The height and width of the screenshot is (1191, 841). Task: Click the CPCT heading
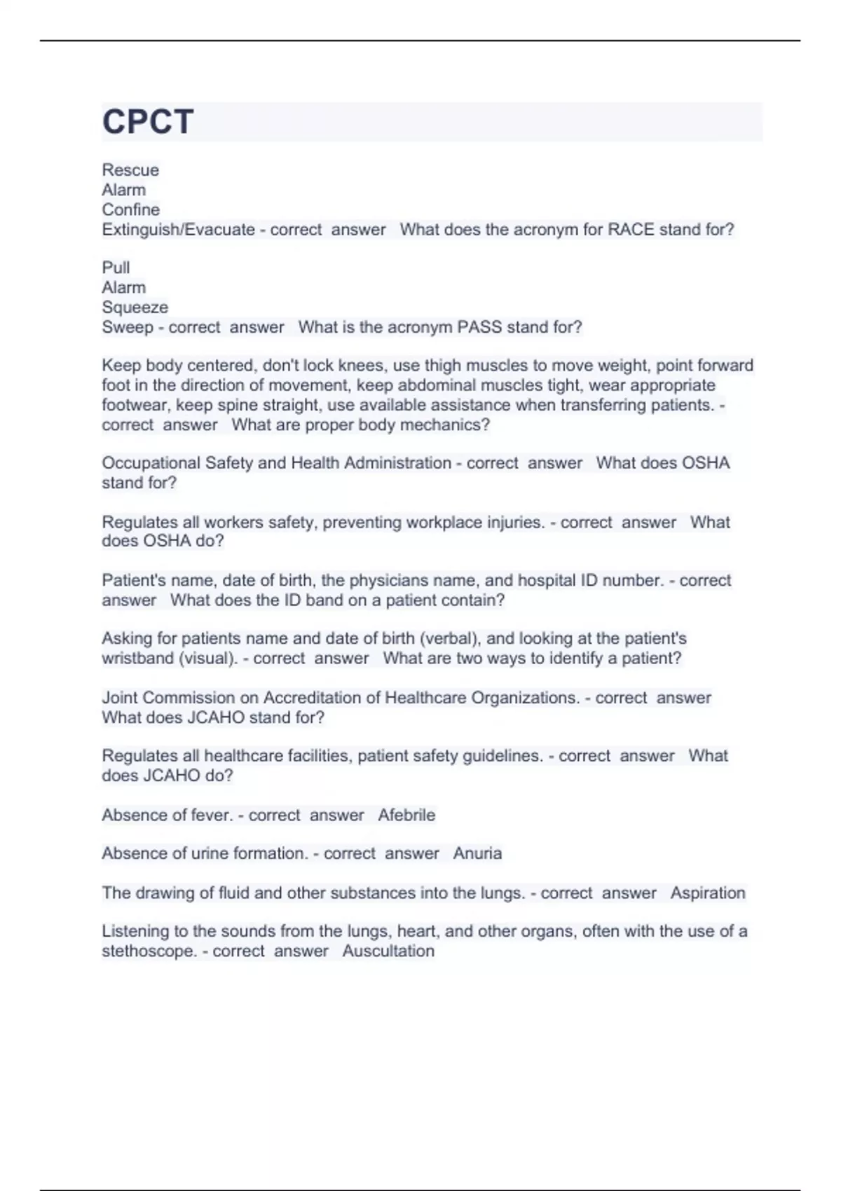(148, 122)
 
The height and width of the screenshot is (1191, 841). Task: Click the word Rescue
(130, 170)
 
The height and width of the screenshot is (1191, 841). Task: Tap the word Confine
(130, 209)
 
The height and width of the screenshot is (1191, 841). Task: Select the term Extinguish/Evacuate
(178, 230)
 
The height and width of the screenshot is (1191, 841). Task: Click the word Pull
(116, 268)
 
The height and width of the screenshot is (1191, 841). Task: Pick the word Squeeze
(135, 308)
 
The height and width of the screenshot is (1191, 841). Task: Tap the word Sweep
(127, 327)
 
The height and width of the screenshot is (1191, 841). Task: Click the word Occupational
(151, 463)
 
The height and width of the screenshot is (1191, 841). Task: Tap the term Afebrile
(406, 815)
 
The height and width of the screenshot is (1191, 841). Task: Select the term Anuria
(477, 853)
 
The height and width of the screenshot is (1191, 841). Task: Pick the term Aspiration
(708, 893)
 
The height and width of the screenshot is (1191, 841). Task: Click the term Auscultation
(388, 951)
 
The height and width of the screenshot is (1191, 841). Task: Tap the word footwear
(135, 405)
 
